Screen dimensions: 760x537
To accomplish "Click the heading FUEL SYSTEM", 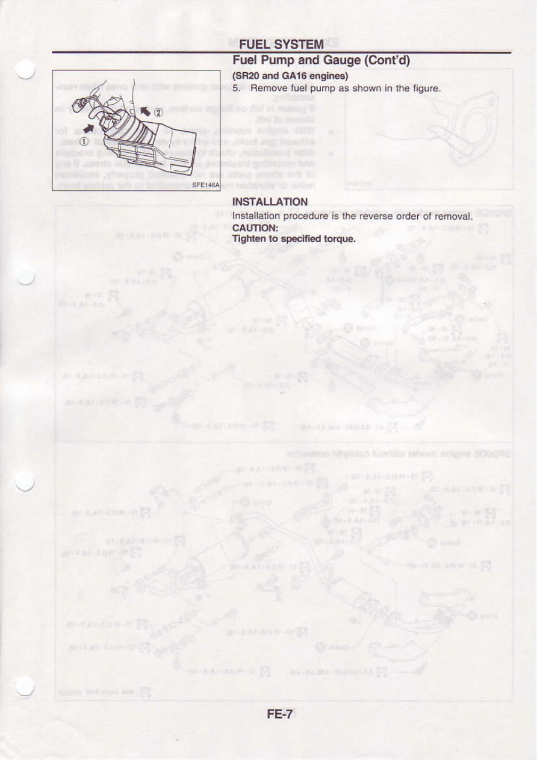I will coord(281,45).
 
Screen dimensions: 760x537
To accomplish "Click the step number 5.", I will coord(236,88).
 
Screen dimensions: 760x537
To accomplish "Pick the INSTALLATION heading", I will coord(270,202).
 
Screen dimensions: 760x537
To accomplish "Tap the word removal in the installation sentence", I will coord(453,216).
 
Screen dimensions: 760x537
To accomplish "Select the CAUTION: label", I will coord(255,227).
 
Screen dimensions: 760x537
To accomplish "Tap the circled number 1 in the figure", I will coord(82,141).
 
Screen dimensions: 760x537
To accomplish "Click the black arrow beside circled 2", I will coord(145,111).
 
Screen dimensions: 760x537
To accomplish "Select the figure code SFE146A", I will coord(205,185).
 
